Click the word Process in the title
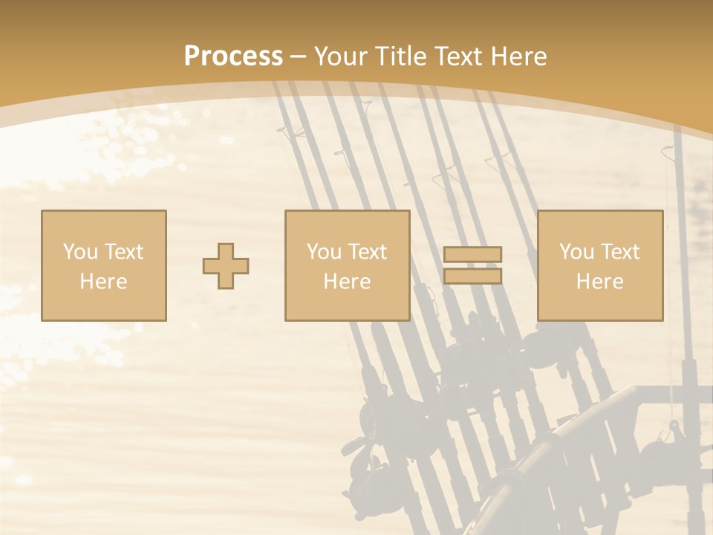click(233, 56)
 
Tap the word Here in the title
click(518, 56)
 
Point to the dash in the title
click(298, 56)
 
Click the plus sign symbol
click(226, 265)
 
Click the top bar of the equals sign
click(472, 254)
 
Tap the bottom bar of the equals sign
click(472, 276)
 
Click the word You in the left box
click(79, 252)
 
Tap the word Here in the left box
click(103, 282)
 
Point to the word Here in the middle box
click(347, 282)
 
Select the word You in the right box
click(576, 252)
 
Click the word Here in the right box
click(599, 282)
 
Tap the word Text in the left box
click(123, 252)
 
